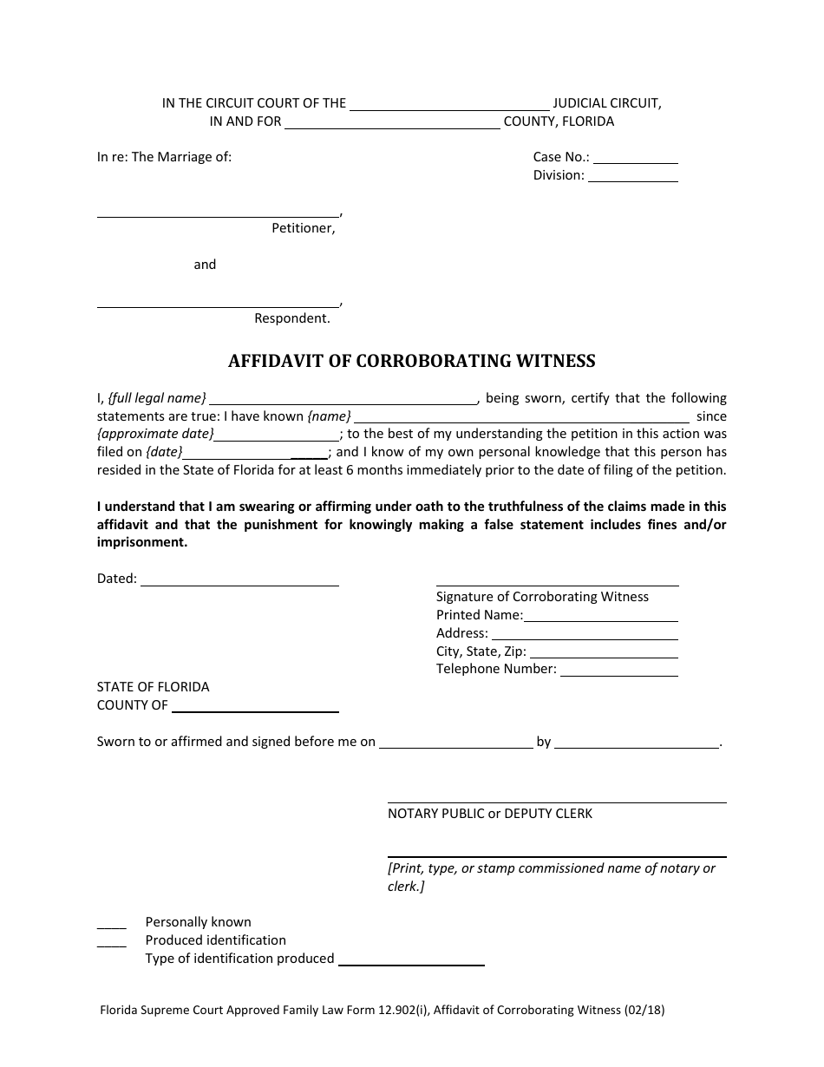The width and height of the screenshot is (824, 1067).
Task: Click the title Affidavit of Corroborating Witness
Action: [x=411, y=361]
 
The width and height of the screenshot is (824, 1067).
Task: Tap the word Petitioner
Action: [x=303, y=229]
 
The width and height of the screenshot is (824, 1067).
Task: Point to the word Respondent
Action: [x=291, y=318]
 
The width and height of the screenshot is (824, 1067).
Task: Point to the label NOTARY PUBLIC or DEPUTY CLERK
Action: [x=490, y=814]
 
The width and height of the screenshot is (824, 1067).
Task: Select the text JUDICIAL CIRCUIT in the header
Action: [x=607, y=103]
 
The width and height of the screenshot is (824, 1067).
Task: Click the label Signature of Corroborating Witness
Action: [x=542, y=597]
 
